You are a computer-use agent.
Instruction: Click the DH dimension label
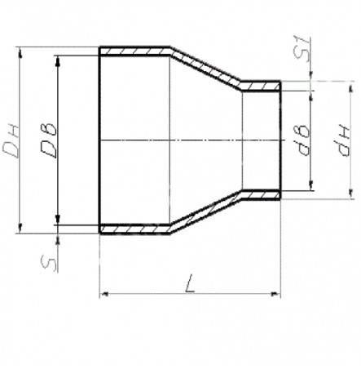(x=11, y=141)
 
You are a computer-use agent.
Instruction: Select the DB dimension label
(x=49, y=140)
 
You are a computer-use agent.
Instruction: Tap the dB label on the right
(x=303, y=140)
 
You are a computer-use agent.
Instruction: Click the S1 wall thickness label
(x=302, y=48)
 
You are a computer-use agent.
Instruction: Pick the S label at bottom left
(x=49, y=265)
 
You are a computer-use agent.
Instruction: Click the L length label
(x=190, y=284)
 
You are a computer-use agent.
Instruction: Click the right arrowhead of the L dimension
(x=275, y=294)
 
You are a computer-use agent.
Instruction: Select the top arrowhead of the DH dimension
(x=20, y=52)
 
